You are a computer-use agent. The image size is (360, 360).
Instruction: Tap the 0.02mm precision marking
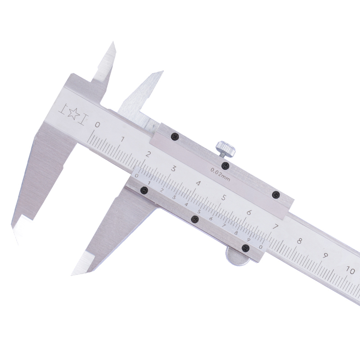tap(220, 174)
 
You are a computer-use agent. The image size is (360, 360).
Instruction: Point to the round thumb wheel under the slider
tap(237, 256)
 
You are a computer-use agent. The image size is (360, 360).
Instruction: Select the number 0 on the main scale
tap(98, 125)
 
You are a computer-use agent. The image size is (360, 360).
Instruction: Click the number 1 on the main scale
tap(122, 139)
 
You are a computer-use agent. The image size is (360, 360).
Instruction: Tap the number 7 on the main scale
tap(275, 227)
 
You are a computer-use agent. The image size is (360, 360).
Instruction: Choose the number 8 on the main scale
tap(299, 241)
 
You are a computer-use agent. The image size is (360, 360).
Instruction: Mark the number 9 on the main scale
tap(325, 255)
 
